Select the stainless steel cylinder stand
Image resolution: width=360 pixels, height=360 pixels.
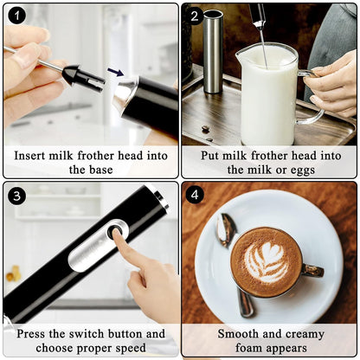pyautogui.click(x=213, y=52)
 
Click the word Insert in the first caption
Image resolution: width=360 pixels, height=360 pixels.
pyautogui.click(x=33, y=156)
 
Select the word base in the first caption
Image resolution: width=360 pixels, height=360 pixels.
pyautogui.click(x=102, y=170)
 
